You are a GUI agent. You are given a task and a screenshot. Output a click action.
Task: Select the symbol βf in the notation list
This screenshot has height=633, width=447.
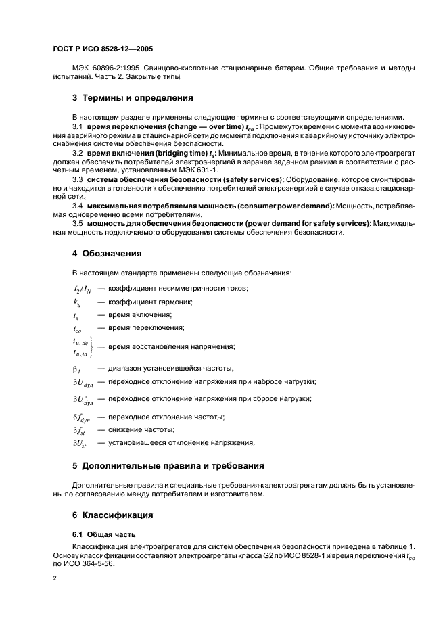click(x=77, y=368)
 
